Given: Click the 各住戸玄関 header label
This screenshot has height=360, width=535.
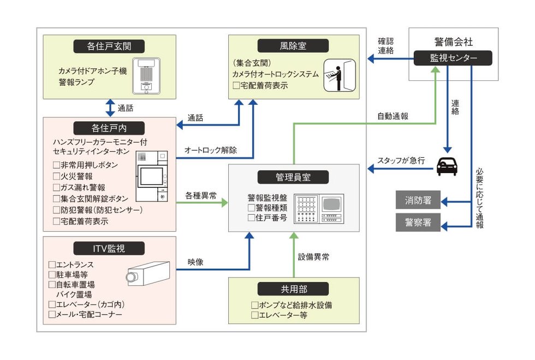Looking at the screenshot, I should (x=109, y=46).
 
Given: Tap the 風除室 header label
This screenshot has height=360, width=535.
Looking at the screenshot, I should (x=294, y=46).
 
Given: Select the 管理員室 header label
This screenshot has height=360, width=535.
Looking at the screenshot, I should (x=294, y=177).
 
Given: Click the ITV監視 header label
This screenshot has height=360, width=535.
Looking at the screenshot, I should (x=109, y=249).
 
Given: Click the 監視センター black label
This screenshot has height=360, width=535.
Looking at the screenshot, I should (x=453, y=58).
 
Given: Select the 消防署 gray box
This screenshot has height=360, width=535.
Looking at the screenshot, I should (x=418, y=201).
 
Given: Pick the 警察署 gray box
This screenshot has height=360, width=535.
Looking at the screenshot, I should (x=418, y=222).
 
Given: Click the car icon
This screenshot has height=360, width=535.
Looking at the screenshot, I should (x=447, y=166).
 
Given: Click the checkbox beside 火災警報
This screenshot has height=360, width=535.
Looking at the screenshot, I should (x=56, y=176).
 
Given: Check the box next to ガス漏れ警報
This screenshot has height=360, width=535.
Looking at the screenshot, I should (x=56, y=187).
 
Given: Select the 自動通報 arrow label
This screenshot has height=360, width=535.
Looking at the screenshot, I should (x=393, y=116).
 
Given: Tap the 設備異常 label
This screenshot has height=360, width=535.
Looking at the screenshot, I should (x=313, y=255).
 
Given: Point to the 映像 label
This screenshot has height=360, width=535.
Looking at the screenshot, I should (x=195, y=262).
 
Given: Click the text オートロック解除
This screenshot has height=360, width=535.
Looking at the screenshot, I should (x=210, y=151).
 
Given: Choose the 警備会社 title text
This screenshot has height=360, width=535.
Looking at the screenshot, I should (x=453, y=42).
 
